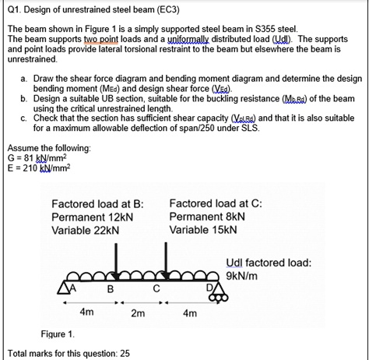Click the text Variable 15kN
coord(202,231)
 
